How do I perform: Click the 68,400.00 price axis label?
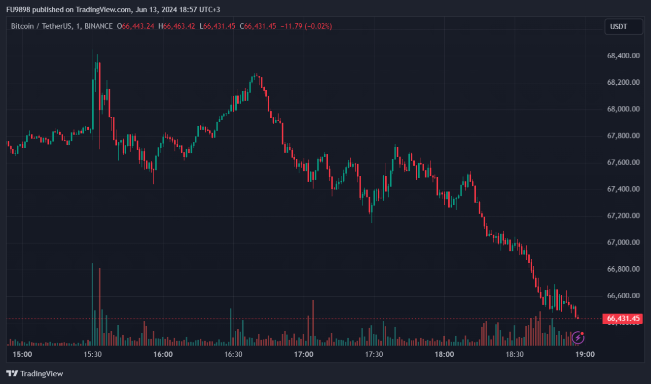(x=623, y=56)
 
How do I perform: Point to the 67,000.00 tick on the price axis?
(x=623, y=243)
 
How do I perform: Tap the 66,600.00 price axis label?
(x=623, y=296)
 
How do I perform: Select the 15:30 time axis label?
(x=93, y=354)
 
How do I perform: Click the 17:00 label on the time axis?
(x=304, y=354)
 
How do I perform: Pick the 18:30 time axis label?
(x=515, y=354)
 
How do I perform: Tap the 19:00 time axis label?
(x=585, y=354)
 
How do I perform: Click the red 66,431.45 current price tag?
(x=623, y=319)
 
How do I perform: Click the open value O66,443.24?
(x=136, y=26)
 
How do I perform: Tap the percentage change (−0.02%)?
(x=318, y=26)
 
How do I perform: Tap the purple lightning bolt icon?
(x=578, y=338)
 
